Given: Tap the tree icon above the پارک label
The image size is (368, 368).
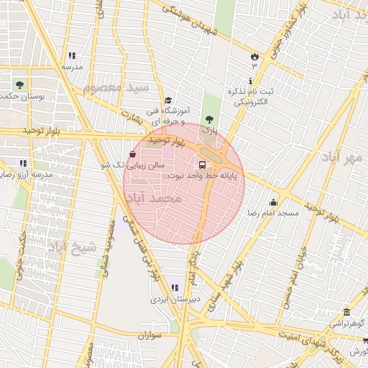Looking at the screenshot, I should coord(209,119).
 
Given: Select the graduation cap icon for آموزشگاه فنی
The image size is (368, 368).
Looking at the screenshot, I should coord(168,101).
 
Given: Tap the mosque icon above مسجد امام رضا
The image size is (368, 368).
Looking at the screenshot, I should coord(273,203).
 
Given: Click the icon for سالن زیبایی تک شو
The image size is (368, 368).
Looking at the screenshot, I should coord(132,155).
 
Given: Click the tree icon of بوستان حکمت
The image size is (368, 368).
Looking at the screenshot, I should coord(19,85).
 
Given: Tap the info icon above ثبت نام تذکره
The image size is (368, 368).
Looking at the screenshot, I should coord(250,80).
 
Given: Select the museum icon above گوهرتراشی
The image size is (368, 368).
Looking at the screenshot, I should coord(347,312).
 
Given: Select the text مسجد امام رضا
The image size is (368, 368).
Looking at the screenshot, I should coord(272,214).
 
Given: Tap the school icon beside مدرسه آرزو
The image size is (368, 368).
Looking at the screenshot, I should coord(24,163).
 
